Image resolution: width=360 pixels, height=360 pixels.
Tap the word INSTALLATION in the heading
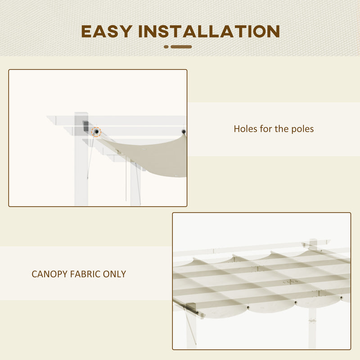[209, 31]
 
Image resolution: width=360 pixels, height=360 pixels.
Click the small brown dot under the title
[166, 46]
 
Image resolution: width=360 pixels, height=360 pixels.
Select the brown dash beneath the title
[181, 46]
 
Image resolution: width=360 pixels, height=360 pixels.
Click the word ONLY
[114, 274]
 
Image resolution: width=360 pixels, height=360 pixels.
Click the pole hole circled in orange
[96, 132]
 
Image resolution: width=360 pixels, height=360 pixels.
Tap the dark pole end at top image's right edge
[183, 132]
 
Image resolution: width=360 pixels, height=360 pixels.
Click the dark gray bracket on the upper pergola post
[85, 126]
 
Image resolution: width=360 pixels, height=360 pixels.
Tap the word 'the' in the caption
[281, 129]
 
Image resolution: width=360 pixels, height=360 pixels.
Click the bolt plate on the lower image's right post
[312, 321]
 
